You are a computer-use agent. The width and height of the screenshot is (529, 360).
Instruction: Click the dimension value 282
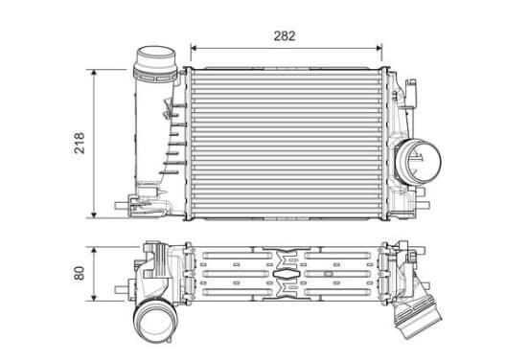click(285, 36)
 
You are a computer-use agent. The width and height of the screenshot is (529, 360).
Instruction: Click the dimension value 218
click(80, 144)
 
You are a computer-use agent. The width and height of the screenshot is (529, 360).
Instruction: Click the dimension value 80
click(80, 273)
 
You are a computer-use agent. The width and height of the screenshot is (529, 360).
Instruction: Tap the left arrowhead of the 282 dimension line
click(194, 48)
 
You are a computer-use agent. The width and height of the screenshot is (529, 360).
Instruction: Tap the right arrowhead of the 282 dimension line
click(379, 48)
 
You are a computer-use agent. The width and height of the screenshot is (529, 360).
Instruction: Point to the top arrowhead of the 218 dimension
click(94, 73)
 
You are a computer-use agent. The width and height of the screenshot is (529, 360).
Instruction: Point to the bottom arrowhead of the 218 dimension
click(94, 214)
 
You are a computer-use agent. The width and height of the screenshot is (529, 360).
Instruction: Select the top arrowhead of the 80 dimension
click(94, 250)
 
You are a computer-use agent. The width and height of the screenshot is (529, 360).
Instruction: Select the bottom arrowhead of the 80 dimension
click(94, 298)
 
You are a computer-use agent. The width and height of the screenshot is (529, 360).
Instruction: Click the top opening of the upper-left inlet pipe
click(155, 53)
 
